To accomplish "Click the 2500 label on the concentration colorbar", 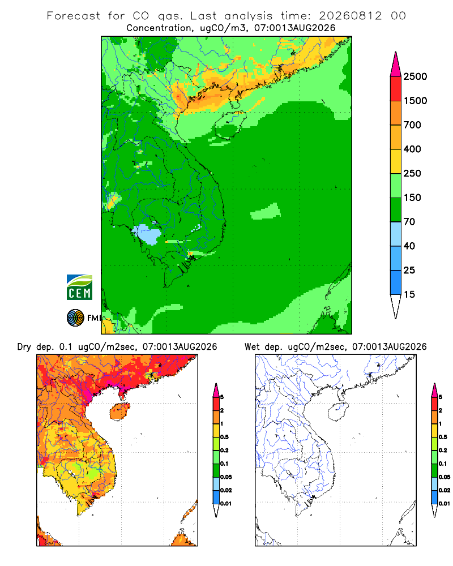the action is coord(415,76).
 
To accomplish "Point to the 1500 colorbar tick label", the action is coord(415,101).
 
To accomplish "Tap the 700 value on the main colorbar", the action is coord(412,125).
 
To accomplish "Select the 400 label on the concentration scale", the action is coord(412,149).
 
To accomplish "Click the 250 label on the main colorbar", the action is coord(412,173).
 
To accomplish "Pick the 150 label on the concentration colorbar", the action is coord(412,198).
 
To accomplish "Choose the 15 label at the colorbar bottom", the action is coord(409,294).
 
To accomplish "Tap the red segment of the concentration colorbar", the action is coord(396,89).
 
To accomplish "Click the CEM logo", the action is coord(79,288).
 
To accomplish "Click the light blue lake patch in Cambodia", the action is coord(147,234).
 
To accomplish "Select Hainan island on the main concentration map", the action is coord(230,125).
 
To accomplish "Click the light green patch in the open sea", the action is coord(266,212).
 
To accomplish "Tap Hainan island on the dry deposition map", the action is coord(119,411).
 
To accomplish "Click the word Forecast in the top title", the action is coord(74,16).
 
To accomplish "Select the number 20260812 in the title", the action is coord(350,16).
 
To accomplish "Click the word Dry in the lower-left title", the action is coord(24,347).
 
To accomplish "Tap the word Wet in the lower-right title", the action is coord(252,347).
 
